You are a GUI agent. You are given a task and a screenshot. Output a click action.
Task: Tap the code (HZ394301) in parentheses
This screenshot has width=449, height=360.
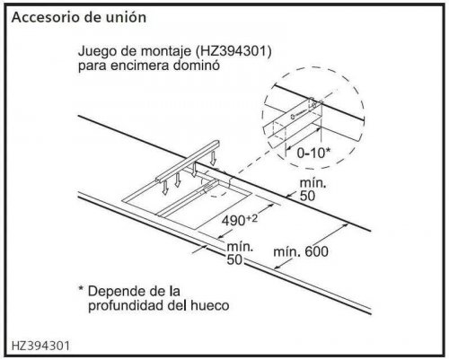pyautogui.click(x=233, y=52)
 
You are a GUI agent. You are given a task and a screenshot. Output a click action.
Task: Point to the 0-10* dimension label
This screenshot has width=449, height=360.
pyautogui.click(x=313, y=153)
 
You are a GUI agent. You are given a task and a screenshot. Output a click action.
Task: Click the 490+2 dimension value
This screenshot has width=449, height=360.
pyautogui.click(x=240, y=220)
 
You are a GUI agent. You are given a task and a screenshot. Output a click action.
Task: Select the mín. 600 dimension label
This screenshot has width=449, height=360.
pyautogui.click(x=301, y=252)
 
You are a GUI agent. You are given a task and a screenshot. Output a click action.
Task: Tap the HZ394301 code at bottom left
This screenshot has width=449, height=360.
pyautogui.click(x=40, y=346)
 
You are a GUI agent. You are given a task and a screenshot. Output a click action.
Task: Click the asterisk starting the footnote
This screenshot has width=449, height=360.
pyautogui.click(x=81, y=288)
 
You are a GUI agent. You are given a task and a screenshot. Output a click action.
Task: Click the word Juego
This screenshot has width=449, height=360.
pyautogui.click(x=97, y=52)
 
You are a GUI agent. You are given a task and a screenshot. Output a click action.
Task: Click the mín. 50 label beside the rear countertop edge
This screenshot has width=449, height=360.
pyautogui.click(x=313, y=189)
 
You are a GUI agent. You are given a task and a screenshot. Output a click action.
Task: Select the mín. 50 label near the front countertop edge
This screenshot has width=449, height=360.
pyautogui.click(x=240, y=253)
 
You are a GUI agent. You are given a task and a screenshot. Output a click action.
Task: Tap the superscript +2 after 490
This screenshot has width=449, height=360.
pyautogui.click(x=251, y=218)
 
